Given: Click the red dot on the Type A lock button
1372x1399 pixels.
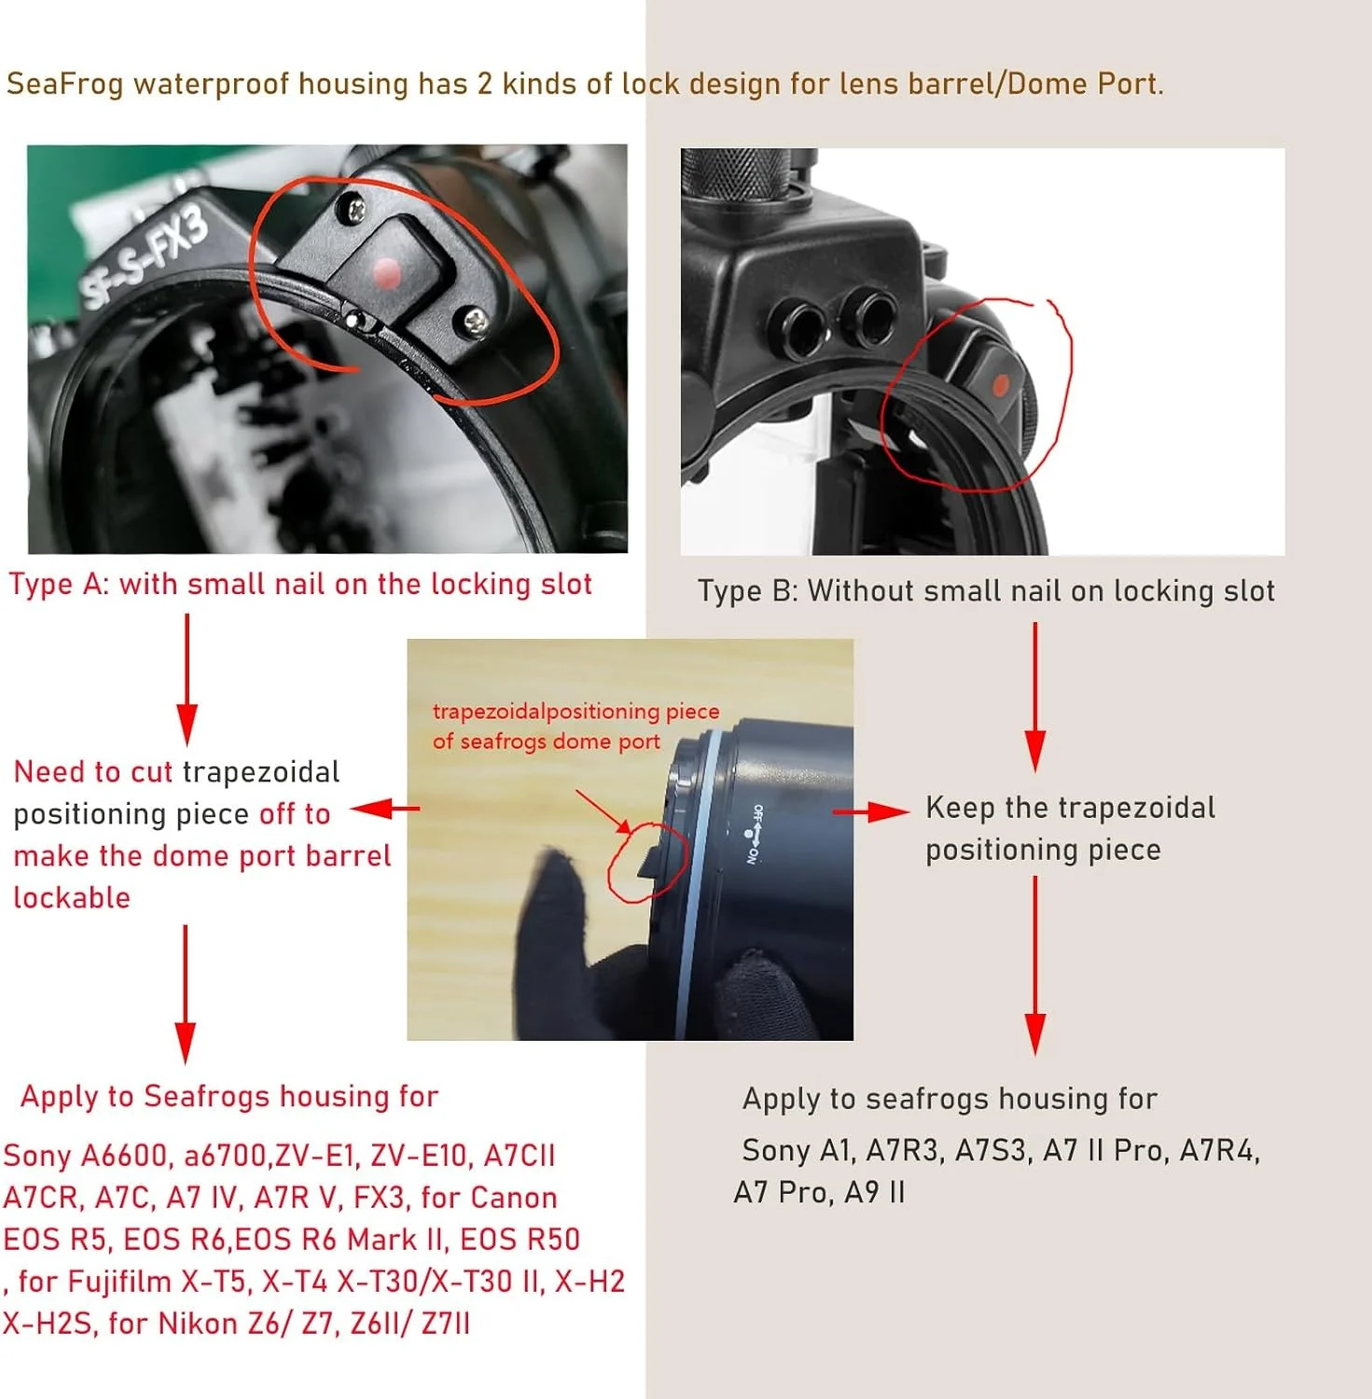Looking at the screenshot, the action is (386, 274).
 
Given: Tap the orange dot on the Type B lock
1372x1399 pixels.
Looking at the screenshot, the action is (1000, 384).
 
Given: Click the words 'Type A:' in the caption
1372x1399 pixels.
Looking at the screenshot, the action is (60, 584).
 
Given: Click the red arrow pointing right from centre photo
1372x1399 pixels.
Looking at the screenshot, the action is (870, 811).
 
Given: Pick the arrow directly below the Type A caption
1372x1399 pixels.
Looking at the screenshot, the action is (187, 679).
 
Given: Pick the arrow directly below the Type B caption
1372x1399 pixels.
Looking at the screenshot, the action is (1034, 697).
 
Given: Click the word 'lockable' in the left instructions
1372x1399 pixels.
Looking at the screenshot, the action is (72, 897).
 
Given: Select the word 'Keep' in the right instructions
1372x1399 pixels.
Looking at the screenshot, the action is (960, 808).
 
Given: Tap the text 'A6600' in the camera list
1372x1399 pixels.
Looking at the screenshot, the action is (124, 1156).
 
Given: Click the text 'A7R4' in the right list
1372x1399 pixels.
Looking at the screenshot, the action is (1220, 1151).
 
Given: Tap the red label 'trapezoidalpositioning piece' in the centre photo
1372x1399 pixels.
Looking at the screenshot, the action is (575, 711).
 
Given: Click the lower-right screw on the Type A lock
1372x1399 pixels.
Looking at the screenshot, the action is (476, 323).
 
